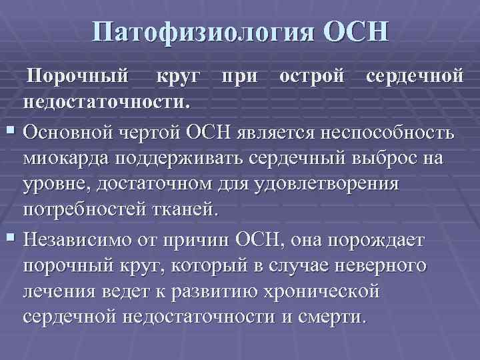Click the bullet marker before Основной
[10, 129]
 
